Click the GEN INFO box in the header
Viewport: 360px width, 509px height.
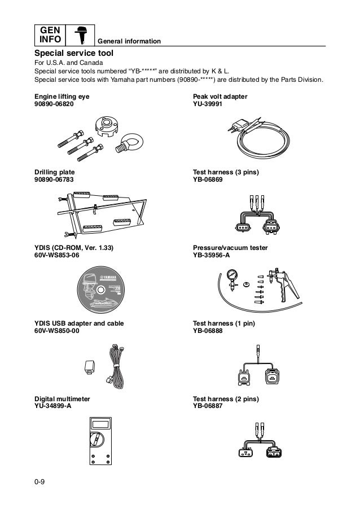pyautogui.click(x=49, y=35)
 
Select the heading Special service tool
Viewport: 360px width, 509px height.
pyautogui.click(x=74, y=52)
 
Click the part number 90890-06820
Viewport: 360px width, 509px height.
pyautogui.click(x=54, y=105)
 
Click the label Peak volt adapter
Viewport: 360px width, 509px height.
pyautogui.click(x=220, y=97)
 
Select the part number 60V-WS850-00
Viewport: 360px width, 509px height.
pyautogui.click(x=57, y=330)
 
